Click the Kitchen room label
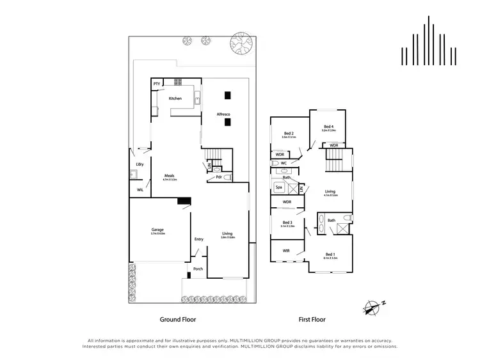[x=175, y=98]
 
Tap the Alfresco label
[x=223, y=114]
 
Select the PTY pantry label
[x=156, y=84]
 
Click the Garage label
[x=157, y=230]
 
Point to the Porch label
[x=198, y=269]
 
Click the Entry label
[x=198, y=239]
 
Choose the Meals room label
[x=170, y=175]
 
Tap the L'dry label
[x=139, y=165]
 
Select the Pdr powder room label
[x=219, y=177]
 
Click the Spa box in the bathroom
[x=279, y=188]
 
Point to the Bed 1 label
[x=330, y=253]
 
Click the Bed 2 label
[x=288, y=133]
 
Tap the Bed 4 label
[x=328, y=127]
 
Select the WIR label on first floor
[x=286, y=251]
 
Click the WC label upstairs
[x=284, y=164]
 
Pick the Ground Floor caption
[x=177, y=318]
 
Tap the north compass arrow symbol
[x=369, y=308]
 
